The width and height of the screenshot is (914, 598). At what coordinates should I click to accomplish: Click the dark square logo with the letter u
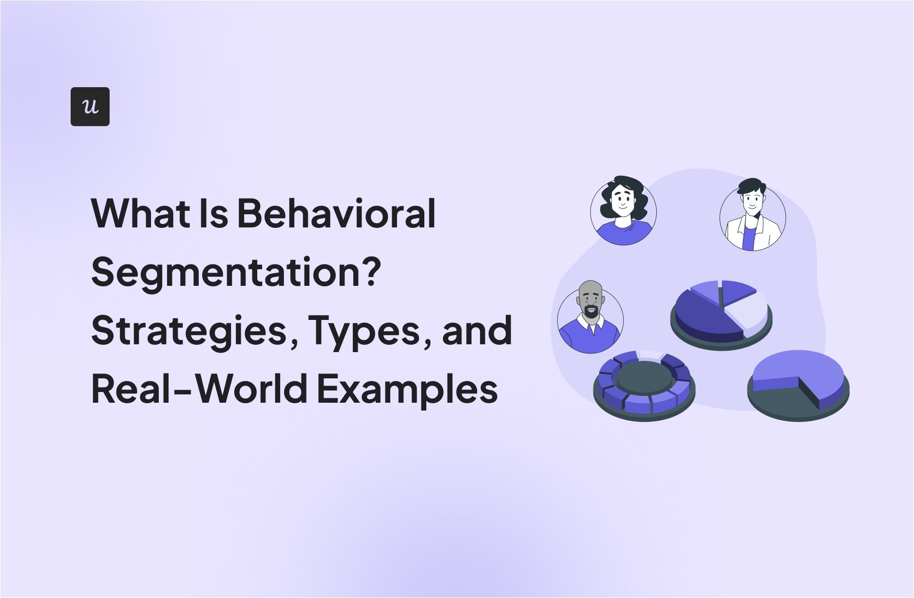click(90, 107)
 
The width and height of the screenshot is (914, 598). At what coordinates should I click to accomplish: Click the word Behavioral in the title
click(336, 214)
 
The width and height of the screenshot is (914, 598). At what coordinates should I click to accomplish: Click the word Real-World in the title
click(199, 389)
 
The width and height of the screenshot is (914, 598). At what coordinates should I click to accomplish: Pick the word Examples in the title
click(407, 390)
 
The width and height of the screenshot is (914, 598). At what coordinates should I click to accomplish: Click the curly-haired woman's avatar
click(623, 211)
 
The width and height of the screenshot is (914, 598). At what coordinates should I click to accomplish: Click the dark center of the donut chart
click(644, 376)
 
